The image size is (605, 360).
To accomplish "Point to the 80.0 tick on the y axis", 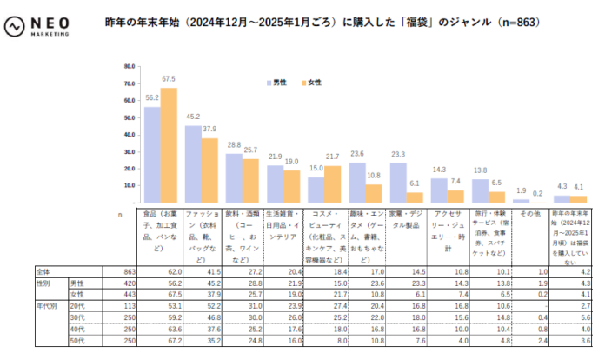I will point(130,66).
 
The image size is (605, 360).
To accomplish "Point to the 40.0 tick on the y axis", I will point(130,134).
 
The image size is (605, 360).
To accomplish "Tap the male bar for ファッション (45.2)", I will point(193,164).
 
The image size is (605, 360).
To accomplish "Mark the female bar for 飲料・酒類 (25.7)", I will point(250,180).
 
